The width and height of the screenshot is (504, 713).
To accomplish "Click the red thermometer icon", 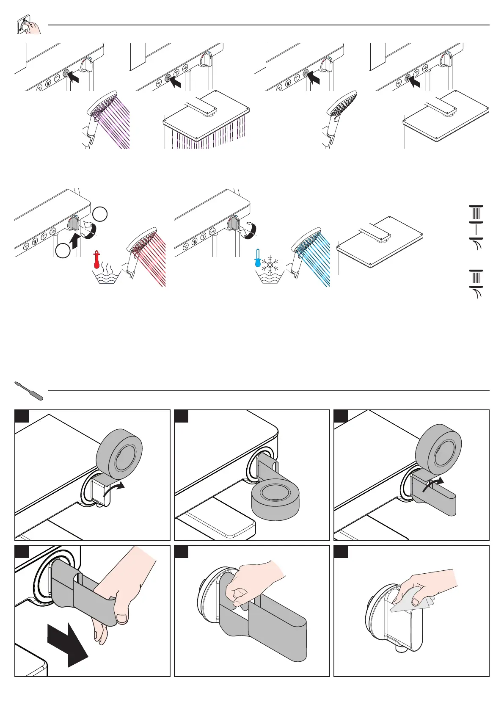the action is (97, 260).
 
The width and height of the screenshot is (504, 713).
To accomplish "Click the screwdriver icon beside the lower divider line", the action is (29, 391).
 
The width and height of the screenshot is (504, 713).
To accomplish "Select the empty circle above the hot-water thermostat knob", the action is (100, 214).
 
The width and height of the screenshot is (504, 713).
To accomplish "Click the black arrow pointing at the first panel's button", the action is (73, 77).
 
